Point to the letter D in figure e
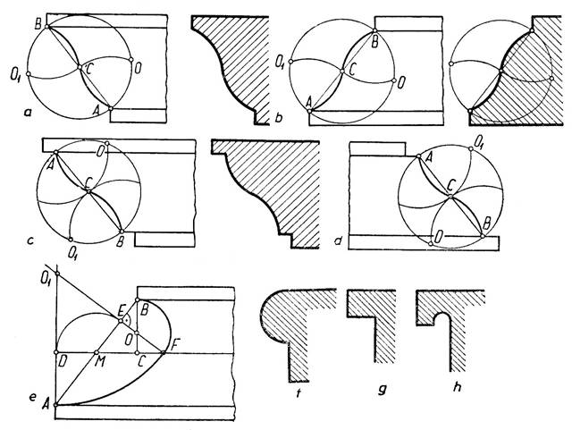62,364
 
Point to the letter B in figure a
38,25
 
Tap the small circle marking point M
96,352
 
